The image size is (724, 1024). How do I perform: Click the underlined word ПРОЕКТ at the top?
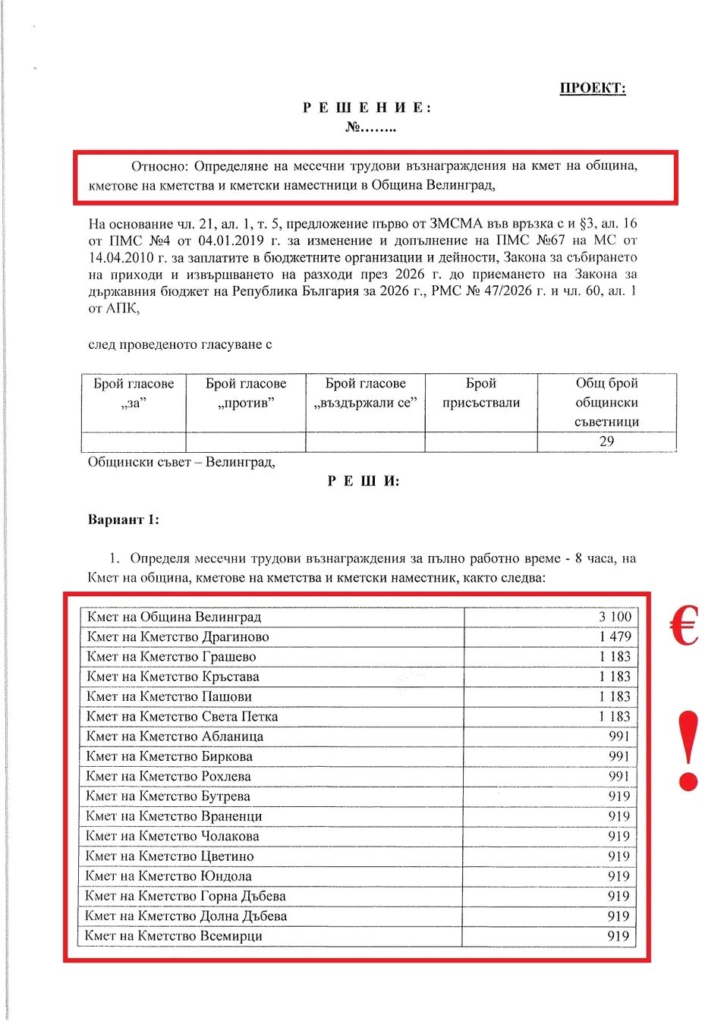(592, 88)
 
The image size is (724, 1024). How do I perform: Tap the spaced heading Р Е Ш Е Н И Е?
(367, 108)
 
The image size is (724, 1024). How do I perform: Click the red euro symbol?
(685, 627)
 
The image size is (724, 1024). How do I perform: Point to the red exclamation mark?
(688, 751)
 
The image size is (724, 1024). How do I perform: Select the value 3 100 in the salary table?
(615, 617)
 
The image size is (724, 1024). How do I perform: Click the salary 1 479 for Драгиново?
(615, 636)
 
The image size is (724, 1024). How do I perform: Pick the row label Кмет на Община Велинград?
(174, 617)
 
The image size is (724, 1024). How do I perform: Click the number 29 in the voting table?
(606, 441)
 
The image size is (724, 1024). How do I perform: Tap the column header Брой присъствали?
(481, 393)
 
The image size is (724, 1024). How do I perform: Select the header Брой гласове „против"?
(246, 393)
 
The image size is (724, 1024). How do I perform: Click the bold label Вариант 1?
(124, 520)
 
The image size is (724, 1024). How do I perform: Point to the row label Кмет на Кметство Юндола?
(168, 876)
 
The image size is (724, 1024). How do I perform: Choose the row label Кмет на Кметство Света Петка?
(182, 716)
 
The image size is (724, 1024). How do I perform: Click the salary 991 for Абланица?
(619, 736)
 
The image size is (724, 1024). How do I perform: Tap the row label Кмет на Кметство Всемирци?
(174, 936)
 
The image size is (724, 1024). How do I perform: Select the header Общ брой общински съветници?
(606, 403)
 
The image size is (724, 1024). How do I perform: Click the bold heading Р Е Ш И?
(364, 482)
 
